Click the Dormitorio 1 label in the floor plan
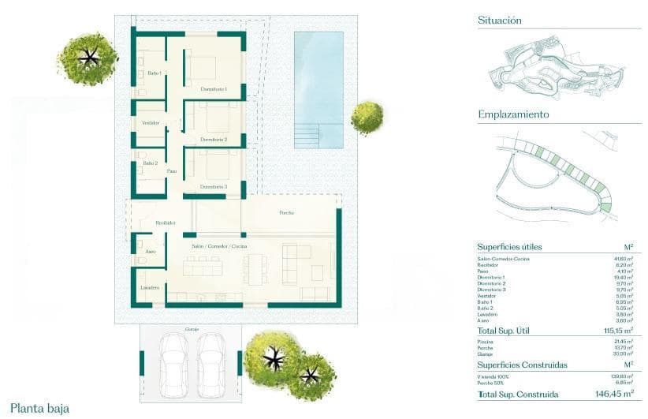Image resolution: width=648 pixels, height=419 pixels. pyautogui.click(x=214, y=89)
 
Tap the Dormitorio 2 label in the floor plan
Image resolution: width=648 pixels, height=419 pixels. pyautogui.click(x=214, y=140)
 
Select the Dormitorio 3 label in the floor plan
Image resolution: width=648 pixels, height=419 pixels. pyautogui.click(x=214, y=187)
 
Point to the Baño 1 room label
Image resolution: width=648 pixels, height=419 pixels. pyautogui.click(x=155, y=73)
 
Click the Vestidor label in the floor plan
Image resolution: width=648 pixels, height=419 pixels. pyautogui.click(x=151, y=123)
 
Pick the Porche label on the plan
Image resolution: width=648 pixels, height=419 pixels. pyautogui.click(x=287, y=213)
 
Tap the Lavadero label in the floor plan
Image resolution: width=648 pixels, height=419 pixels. pyautogui.click(x=151, y=287)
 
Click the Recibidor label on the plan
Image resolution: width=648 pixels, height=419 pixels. pyautogui.click(x=165, y=223)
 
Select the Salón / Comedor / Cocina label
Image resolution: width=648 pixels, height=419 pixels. pyautogui.click(x=219, y=247)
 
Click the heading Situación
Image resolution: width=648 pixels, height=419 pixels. pyautogui.click(x=500, y=21)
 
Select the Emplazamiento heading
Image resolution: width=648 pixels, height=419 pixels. pyautogui.click(x=513, y=114)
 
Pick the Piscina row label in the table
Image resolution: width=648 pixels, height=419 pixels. pyautogui.click(x=485, y=342)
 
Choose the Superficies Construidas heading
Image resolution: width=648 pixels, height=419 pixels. pyautogui.click(x=522, y=365)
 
